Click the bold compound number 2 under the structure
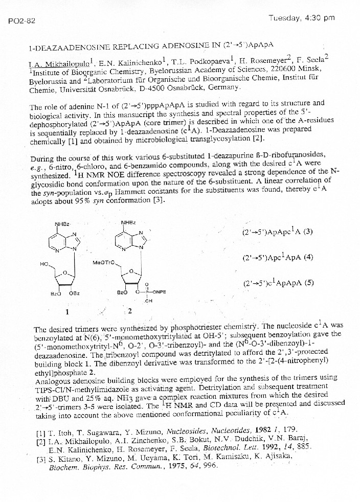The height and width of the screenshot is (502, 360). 129,310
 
